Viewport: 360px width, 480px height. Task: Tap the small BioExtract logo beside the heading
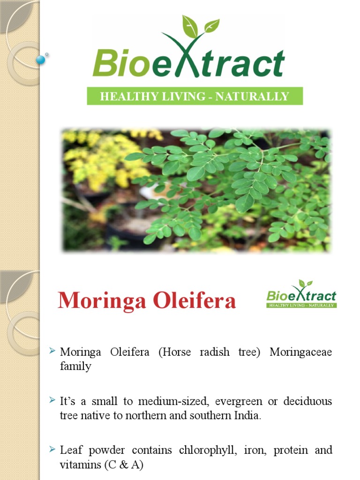pyautogui.click(x=301, y=294)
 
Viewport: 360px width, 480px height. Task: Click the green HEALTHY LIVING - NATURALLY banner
pyautogui.click(x=195, y=97)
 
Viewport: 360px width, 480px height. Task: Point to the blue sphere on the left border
pyautogui.click(x=41, y=60)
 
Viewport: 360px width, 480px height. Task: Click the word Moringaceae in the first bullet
pyautogui.click(x=300, y=352)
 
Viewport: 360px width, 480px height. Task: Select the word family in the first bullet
pyautogui.click(x=75, y=367)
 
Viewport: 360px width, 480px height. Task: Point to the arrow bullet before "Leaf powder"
pyautogui.click(x=52, y=450)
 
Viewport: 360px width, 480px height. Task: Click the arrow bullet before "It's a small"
pyautogui.click(x=52, y=401)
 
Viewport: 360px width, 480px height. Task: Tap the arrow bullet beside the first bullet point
pyautogui.click(x=52, y=352)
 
